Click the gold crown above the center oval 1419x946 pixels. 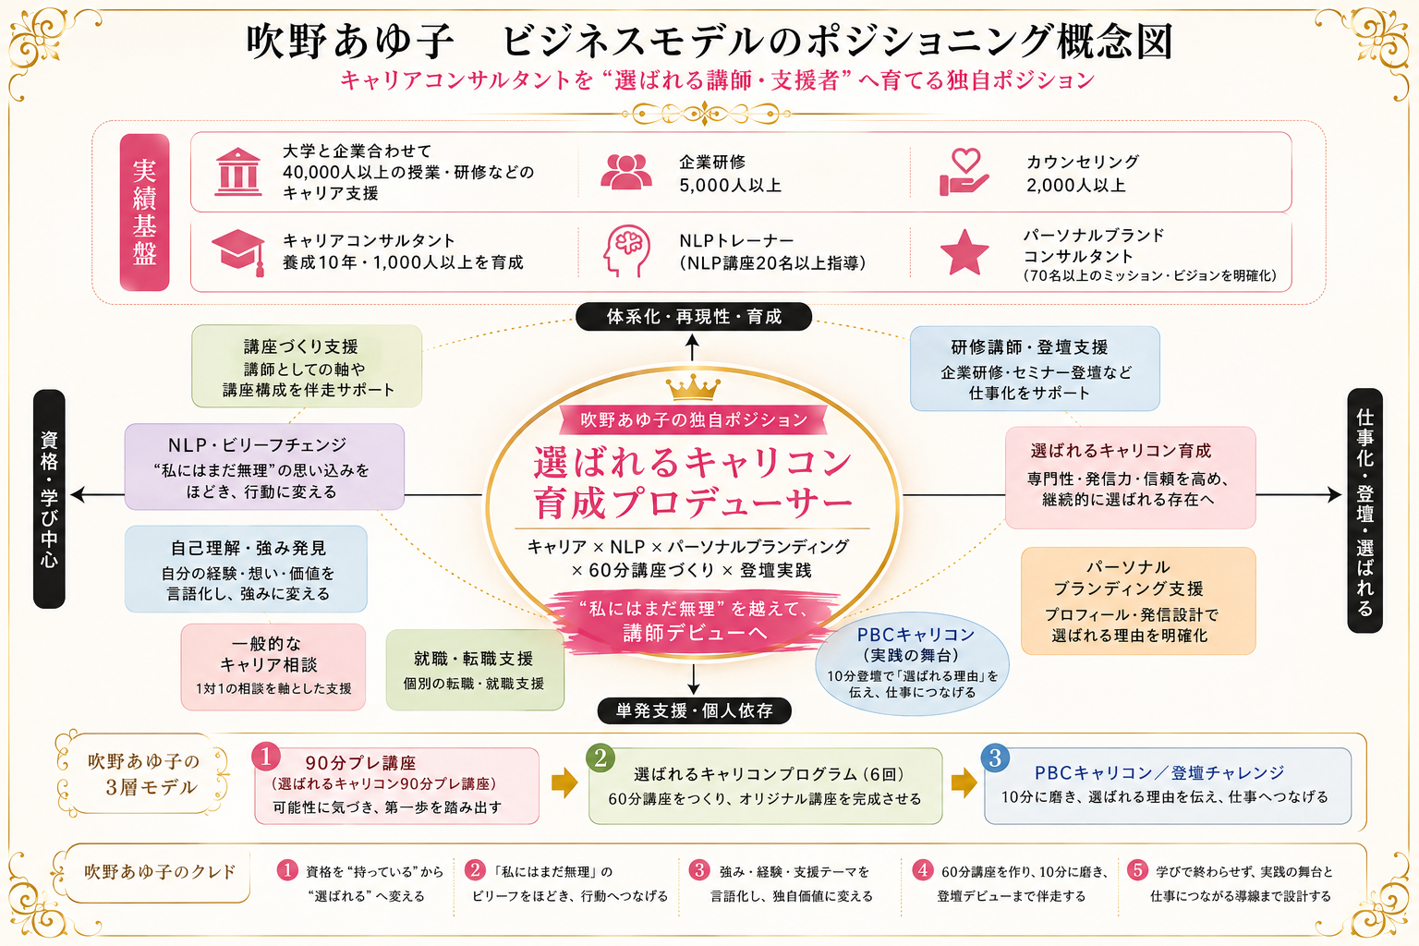click(693, 386)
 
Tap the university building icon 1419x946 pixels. click(238, 172)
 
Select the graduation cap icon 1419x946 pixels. click(238, 252)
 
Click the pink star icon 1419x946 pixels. click(964, 252)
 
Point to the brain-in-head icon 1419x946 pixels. click(626, 251)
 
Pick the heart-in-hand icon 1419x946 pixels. click(964, 172)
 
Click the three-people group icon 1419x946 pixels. click(625, 172)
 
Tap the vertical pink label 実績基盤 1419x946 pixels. click(144, 212)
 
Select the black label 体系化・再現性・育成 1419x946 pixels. click(694, 316)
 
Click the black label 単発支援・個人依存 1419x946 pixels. click(695, 710)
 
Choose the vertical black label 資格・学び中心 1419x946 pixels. click(49, 499)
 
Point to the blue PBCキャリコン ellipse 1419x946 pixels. click(912, 663)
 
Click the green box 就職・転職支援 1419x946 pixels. click(475, 670)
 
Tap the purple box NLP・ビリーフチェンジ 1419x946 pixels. click(264, 467)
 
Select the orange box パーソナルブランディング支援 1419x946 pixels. click(1138, 600)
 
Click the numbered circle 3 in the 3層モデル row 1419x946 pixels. click(995, 758)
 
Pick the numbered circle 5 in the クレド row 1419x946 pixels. click(1138, 870)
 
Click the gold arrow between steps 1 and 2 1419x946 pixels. click(564, 783)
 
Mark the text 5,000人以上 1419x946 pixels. click(731, 185)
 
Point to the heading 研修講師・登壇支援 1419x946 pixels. click(1029, 347)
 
